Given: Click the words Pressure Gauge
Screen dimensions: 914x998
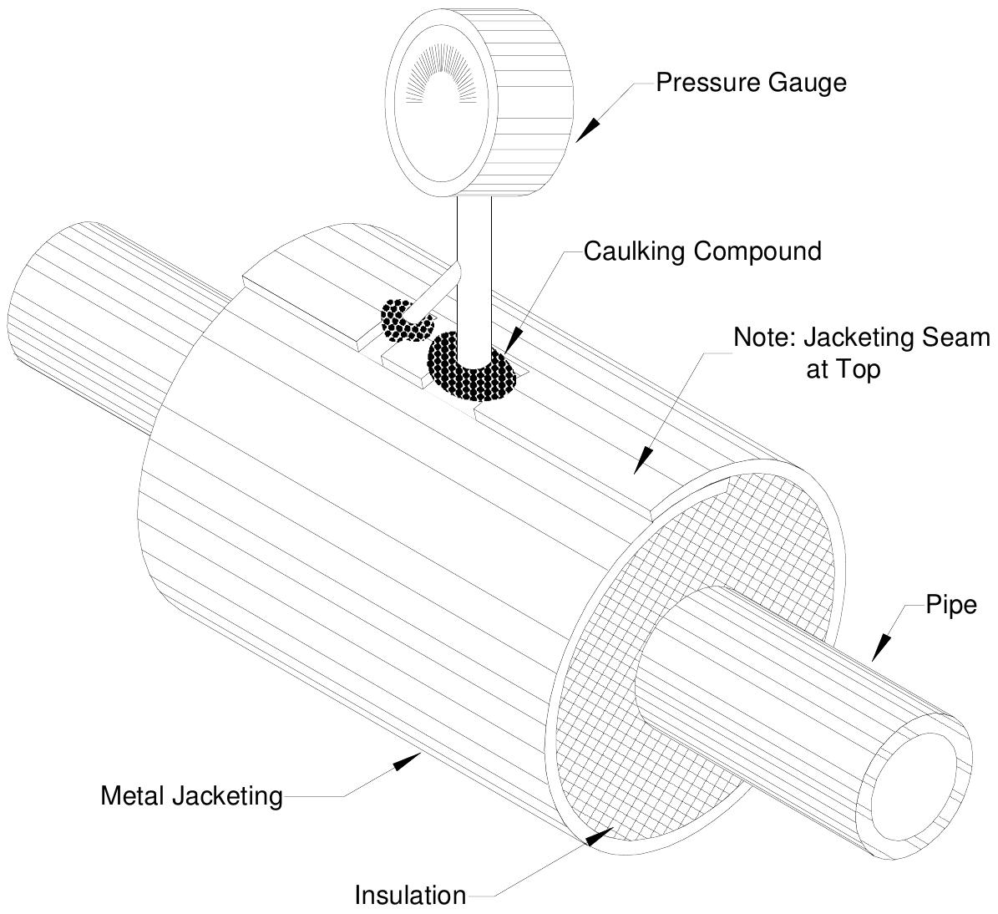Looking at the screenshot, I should click(x=750, y=83).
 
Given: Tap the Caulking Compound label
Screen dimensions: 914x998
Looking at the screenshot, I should click(x=702, y=251).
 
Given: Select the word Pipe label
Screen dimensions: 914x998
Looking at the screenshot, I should click(x=950, y=604).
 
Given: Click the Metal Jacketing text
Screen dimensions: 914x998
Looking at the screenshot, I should click(x=191, y=795).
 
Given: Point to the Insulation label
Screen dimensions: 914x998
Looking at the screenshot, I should click(x=410, y=895).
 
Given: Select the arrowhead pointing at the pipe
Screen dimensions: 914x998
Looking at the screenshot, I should click(x=881, y=648).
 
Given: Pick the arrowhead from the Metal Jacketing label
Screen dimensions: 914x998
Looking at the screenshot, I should click(x=408, y=760).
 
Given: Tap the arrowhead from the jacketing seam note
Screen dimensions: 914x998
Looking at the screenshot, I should click(x=643, y=461).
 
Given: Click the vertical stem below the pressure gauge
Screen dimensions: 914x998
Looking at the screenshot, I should click(x=474, y=267).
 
